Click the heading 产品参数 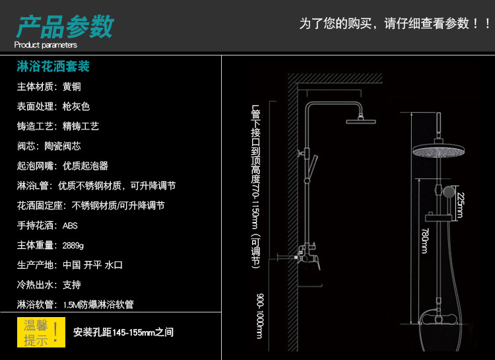click(x=65, y=27)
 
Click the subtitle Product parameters click(x=46, y=45)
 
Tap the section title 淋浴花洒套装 click(x=52, y=67)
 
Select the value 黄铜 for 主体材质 click(x=72, y=87)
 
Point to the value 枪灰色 click(x=76, y=106)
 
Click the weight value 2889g click(x=73, y=245)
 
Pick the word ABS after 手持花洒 click(x=70, y=225)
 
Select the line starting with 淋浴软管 click(x=75, y=305)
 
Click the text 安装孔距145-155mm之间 click(x=123, y=332)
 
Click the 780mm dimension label click(x=424, y=242)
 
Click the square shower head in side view click(x=360, y=120)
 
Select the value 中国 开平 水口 click(x=93, y=265)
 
